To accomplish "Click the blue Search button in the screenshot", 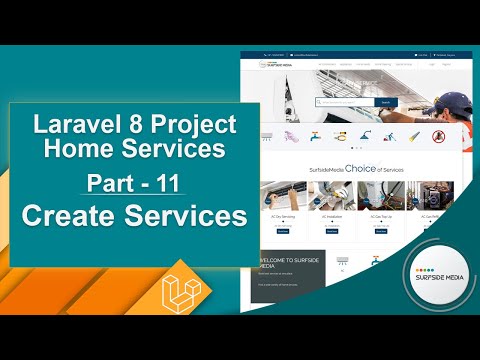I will [x=386, y=102].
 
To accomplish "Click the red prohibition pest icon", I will [x=437, y=136].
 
